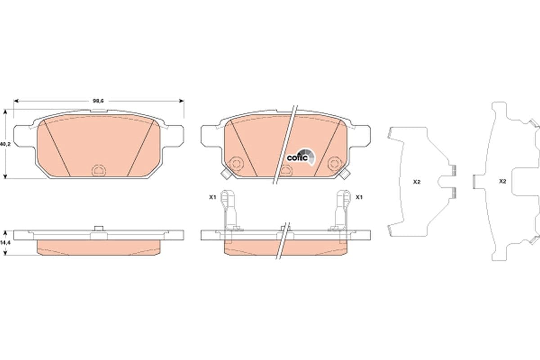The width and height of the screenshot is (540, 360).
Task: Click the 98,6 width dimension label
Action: point(99,101)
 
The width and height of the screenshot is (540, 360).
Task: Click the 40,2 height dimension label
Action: point(4,144)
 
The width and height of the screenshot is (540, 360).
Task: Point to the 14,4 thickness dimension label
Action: point(4,243)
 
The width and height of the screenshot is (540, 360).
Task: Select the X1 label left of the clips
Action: point(212,197)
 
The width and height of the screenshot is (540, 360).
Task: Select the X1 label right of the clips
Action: point(359,197)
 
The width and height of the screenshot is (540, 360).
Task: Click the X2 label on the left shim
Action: point(416,182)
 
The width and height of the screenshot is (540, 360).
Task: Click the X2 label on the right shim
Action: point(503,181)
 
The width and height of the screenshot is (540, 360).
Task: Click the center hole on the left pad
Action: point(98,170)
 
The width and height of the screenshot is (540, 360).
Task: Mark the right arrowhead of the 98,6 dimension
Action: point(182,101)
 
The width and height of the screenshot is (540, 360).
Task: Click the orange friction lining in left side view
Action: point(99,247)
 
